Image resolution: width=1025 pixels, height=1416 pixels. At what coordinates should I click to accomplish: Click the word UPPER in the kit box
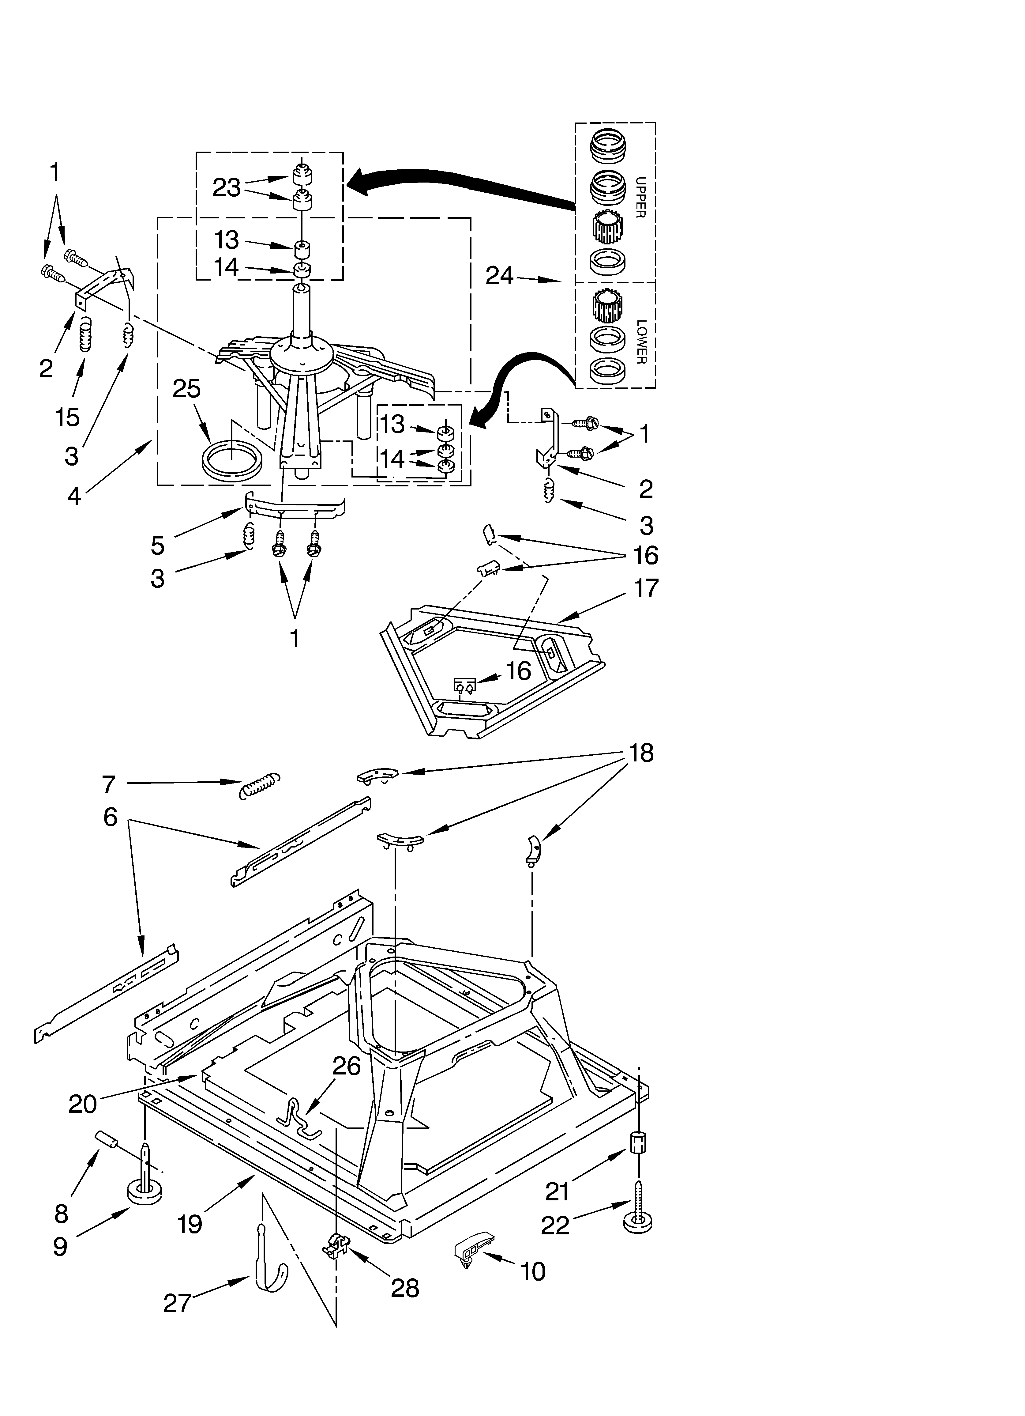point(640,197)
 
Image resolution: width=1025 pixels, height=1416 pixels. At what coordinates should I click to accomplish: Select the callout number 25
point(187,389)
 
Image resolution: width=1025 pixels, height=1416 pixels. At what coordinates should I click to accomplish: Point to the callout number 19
point(189,1224)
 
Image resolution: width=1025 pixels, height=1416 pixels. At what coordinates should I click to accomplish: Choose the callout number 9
point(60,1246)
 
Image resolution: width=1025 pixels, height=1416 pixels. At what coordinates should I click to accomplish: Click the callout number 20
point(82,1104)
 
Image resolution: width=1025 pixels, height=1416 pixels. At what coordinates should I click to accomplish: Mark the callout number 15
point(67,417)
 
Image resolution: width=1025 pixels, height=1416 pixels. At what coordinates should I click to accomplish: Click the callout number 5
point(157,545)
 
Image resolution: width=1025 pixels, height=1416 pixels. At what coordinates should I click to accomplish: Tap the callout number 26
point(347,1066)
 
